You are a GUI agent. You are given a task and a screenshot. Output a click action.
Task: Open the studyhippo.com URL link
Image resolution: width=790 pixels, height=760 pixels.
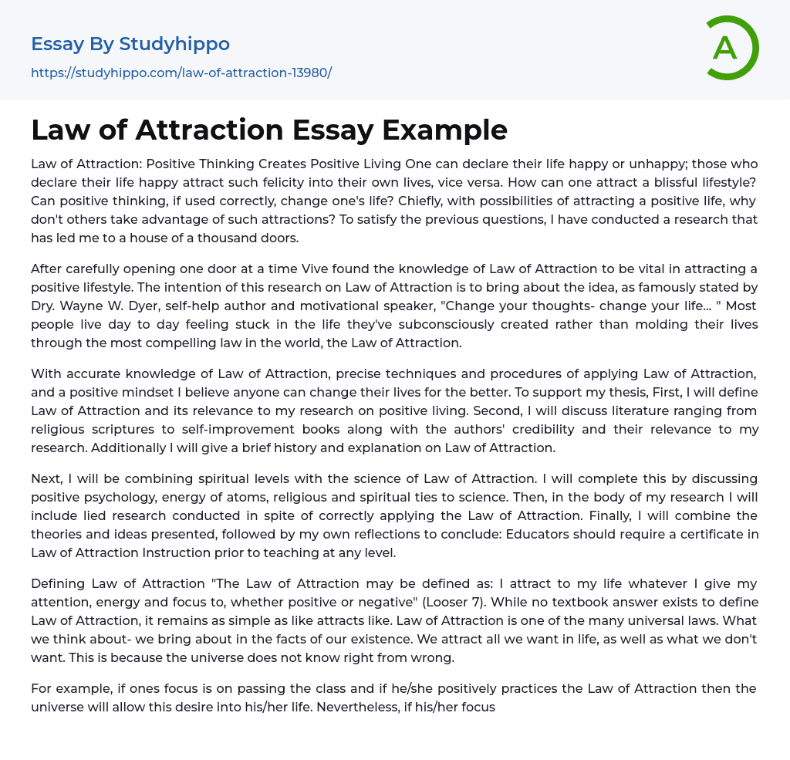[x=181, y=73]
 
